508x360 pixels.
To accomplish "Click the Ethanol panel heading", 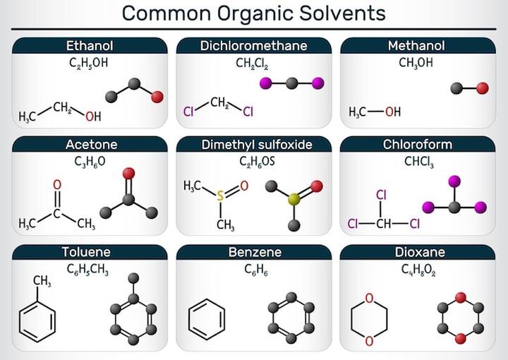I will pyautogui.click(x=90, y=46).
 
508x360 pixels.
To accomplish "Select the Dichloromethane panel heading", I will pyautogui.click(x=253, y=46).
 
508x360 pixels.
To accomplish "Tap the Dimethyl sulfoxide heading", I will pyautogui.click(x=253, y=145).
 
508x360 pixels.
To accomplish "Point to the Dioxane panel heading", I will pyautogui.click(x=417, y=251).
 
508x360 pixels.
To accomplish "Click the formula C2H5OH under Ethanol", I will pyautogui.click(x=90, y=64).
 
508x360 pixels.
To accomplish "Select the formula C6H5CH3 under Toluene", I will pyautogui.click(x=90, y=269).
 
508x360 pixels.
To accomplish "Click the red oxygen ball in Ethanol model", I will pyautogui.click(x=157, y=97).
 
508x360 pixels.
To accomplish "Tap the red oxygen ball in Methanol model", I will pyautogui.click(x=483, y=88).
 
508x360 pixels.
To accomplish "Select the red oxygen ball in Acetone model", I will pyautogui.click(x=128, y=173).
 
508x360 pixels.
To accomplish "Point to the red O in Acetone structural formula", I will pyautogui.click(x=57, y=185).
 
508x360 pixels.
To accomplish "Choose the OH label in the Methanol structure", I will pyautogui.click(x=392, y=112).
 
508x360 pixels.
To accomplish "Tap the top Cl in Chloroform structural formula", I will pyautogui.click(x=382, y=195).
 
